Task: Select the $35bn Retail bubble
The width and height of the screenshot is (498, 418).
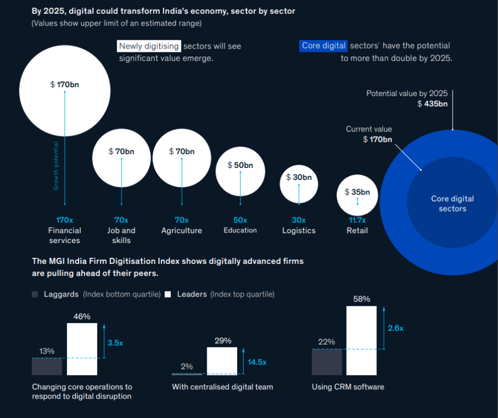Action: pyautogui.click(x=357, y=194)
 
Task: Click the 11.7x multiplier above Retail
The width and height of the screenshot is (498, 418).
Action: pyautogui.click(x=357, y=220)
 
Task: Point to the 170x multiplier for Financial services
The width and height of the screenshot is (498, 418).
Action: pyautogui.click(x=65, y=220)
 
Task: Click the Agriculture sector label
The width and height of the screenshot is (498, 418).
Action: pyautogui.click(x=181, y=230)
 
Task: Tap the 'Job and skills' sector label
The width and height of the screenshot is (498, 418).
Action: pyautogui.click(x=121, y=235)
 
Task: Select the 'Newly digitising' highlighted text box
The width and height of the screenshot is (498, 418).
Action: pyautogui.click(x=149, y=46)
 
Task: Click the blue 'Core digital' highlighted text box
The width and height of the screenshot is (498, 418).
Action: pyautogui.click(x=324, y=46)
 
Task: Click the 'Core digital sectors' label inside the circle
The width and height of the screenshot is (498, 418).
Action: pyautogui.click(x=452, y=204)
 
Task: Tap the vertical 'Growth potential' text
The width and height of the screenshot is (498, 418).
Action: pyautogui.click(x=56, y=166)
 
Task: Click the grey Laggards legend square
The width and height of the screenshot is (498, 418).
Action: pyautogui.click(x=35, y=294)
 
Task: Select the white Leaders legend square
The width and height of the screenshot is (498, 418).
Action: pyautogui.click(x=168, y=294)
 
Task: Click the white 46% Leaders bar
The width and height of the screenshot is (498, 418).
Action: pyautogui.click(x=82, y=349)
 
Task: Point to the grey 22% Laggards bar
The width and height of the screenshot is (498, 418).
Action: pyautogui.click(x=327, y=362)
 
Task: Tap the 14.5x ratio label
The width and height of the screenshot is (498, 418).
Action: pyautogui.click(x=257, y=362)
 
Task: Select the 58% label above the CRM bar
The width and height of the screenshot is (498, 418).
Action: pyautogui.click(x=361, y=299)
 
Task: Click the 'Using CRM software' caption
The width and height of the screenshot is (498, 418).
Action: pyautogui.click(x=348, y=387)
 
